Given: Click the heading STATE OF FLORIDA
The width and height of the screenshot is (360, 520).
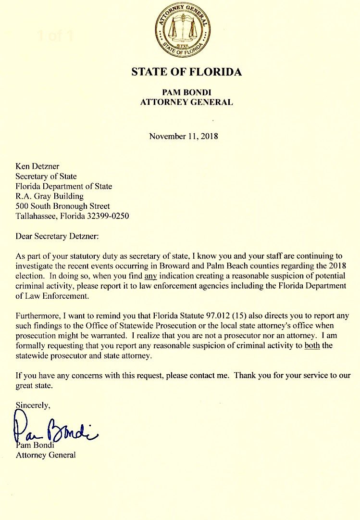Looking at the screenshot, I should [186, 73].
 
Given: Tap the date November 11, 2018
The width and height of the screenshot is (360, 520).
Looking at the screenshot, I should [184, 136].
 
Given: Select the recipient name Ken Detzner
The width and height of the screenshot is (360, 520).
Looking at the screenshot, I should [37, 167].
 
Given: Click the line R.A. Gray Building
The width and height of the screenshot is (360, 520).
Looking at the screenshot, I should [50, 196].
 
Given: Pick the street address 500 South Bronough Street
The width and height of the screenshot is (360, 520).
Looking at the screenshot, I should [63, 206].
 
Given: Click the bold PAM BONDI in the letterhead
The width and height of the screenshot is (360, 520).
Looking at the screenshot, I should [186, 92].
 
